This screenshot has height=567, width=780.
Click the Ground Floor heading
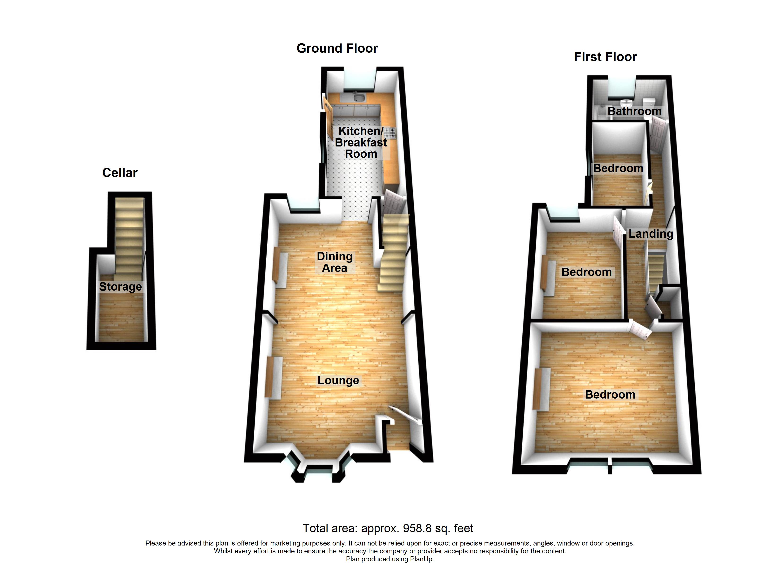click(337, 48)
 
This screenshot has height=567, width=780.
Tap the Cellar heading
click(120, 173)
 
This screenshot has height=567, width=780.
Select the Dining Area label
click(335, 262)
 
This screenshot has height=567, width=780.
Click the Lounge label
click(338, 380)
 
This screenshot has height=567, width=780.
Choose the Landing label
click(651, 234)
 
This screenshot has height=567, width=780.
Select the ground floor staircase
click(394, 253)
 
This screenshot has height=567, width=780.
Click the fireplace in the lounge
click(274, 378)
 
